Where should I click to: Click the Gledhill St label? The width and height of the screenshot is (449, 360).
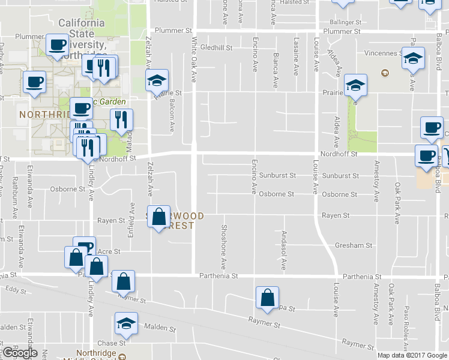[x=216, y=47]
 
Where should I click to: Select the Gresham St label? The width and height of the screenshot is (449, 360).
[x=354, y=245]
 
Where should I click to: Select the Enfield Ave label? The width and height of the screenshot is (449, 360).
[x=130, y=221]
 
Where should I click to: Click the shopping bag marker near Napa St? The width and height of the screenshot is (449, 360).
[x=267, y=298]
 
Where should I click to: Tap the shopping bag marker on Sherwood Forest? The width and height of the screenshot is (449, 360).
[x=158, y=217]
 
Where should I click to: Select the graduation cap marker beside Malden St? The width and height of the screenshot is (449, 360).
[x=126, y=323]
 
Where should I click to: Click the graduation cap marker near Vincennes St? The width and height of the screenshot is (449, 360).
[x=412, y=58]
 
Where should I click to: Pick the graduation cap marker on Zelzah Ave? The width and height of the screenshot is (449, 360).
[x=157, y=80]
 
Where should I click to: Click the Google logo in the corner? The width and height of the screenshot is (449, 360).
[x=20, y=353]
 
